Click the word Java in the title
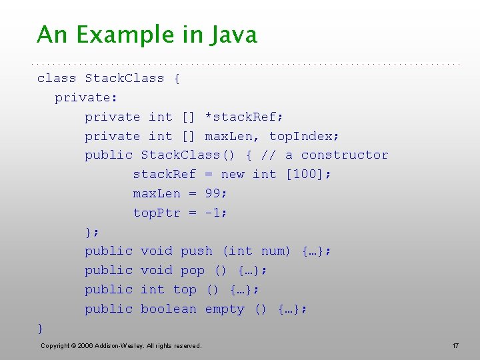(x=233, y=35)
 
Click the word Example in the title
(x=124, y=35)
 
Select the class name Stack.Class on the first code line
(x=124, y=78)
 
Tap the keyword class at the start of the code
(x=57, y=78)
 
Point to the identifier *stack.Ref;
(x=244, y=117)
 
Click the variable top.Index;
(x=305, y=136)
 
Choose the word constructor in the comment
(x=345, y=155)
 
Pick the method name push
(x=197, y=251)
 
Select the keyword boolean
(x=169, y=309)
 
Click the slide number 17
(x=455, y=345)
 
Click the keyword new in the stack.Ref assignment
(x=233, y=174)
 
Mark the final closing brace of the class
(x=41, y=328)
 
